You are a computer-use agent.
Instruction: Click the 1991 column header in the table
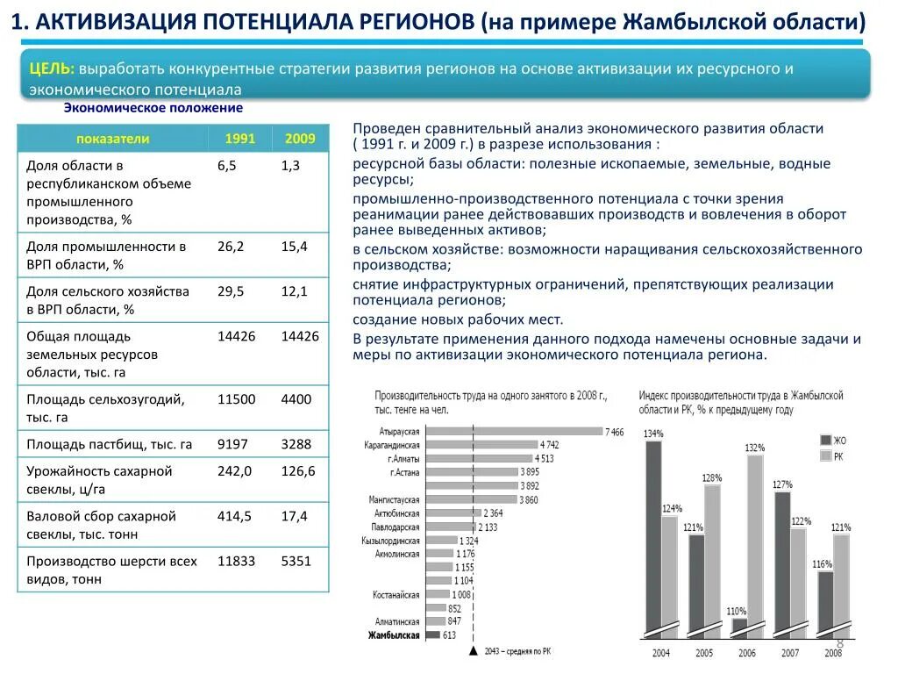(239, 139)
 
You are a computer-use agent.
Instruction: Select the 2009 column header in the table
(300, 139)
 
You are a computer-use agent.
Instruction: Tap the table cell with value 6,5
(226, 165)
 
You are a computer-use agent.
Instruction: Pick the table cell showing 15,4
(295, 247)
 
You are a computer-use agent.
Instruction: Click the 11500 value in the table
(237, 399)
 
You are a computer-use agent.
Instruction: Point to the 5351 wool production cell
(296, 561)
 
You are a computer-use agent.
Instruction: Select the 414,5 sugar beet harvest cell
(234, 516)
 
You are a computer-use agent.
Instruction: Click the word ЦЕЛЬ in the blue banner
(51, 68)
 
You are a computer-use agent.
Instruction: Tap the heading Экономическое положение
(153, 108)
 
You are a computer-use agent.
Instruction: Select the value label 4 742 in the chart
(550, 445)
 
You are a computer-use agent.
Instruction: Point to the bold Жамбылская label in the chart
(394, 635)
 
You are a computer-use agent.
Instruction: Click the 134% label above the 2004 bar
(653, 434)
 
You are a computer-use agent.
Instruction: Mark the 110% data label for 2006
(737, 612)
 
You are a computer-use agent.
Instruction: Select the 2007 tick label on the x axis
(790, 653)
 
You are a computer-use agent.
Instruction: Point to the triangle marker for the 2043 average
(474, 650)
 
